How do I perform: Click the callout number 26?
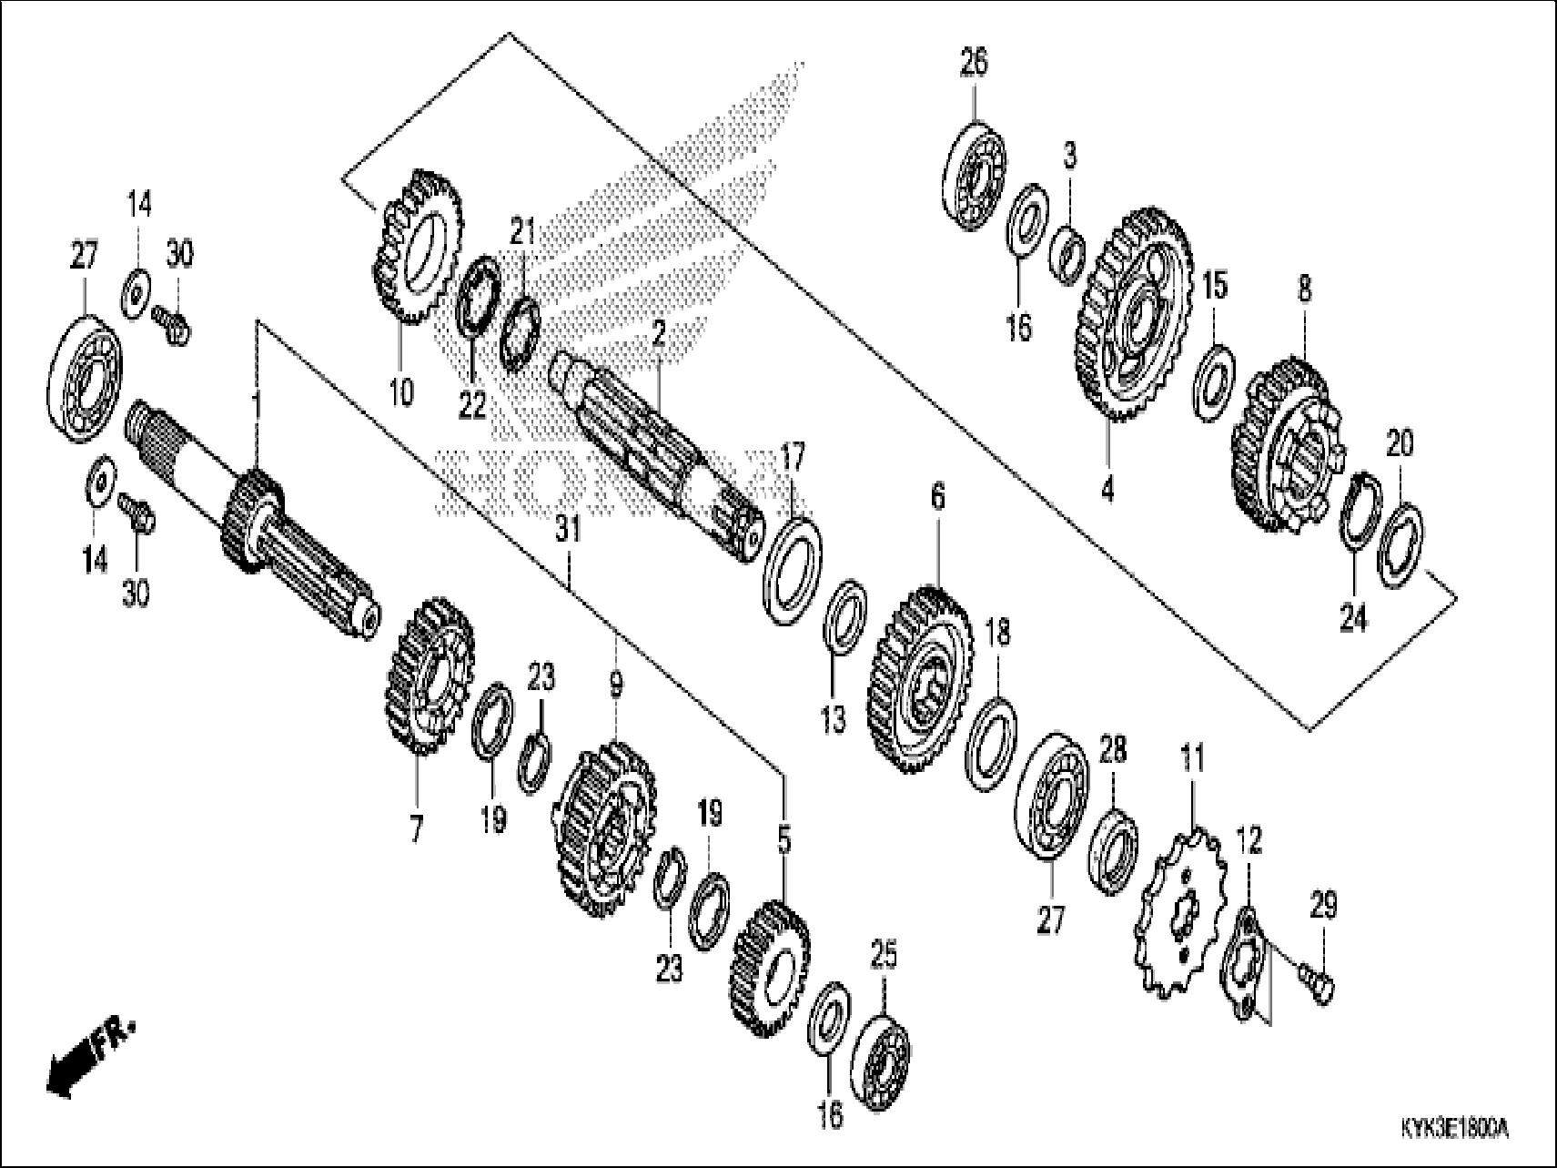click(973, 64)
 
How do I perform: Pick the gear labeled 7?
click(427, 674)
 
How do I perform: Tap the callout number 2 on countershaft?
click(659, 338)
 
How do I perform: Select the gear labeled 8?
click(1283, 446)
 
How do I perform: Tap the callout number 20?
click(1400, 444)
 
